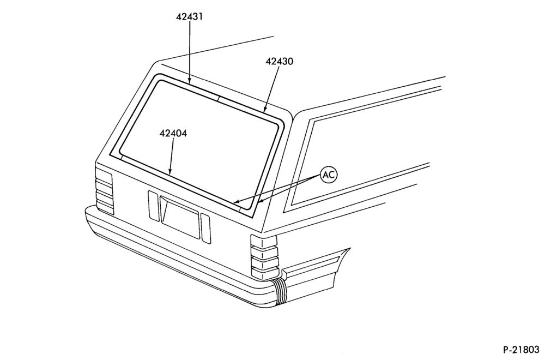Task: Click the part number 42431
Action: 189,16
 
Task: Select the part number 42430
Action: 280,61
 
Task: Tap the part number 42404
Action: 173,133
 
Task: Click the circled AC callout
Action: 329,175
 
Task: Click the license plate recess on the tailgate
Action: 180,218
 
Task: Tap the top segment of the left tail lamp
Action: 104,176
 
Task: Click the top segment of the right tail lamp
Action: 264,241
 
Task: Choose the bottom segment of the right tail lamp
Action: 265,273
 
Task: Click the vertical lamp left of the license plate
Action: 153,206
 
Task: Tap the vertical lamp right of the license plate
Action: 206,229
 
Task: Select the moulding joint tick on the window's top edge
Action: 219,98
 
